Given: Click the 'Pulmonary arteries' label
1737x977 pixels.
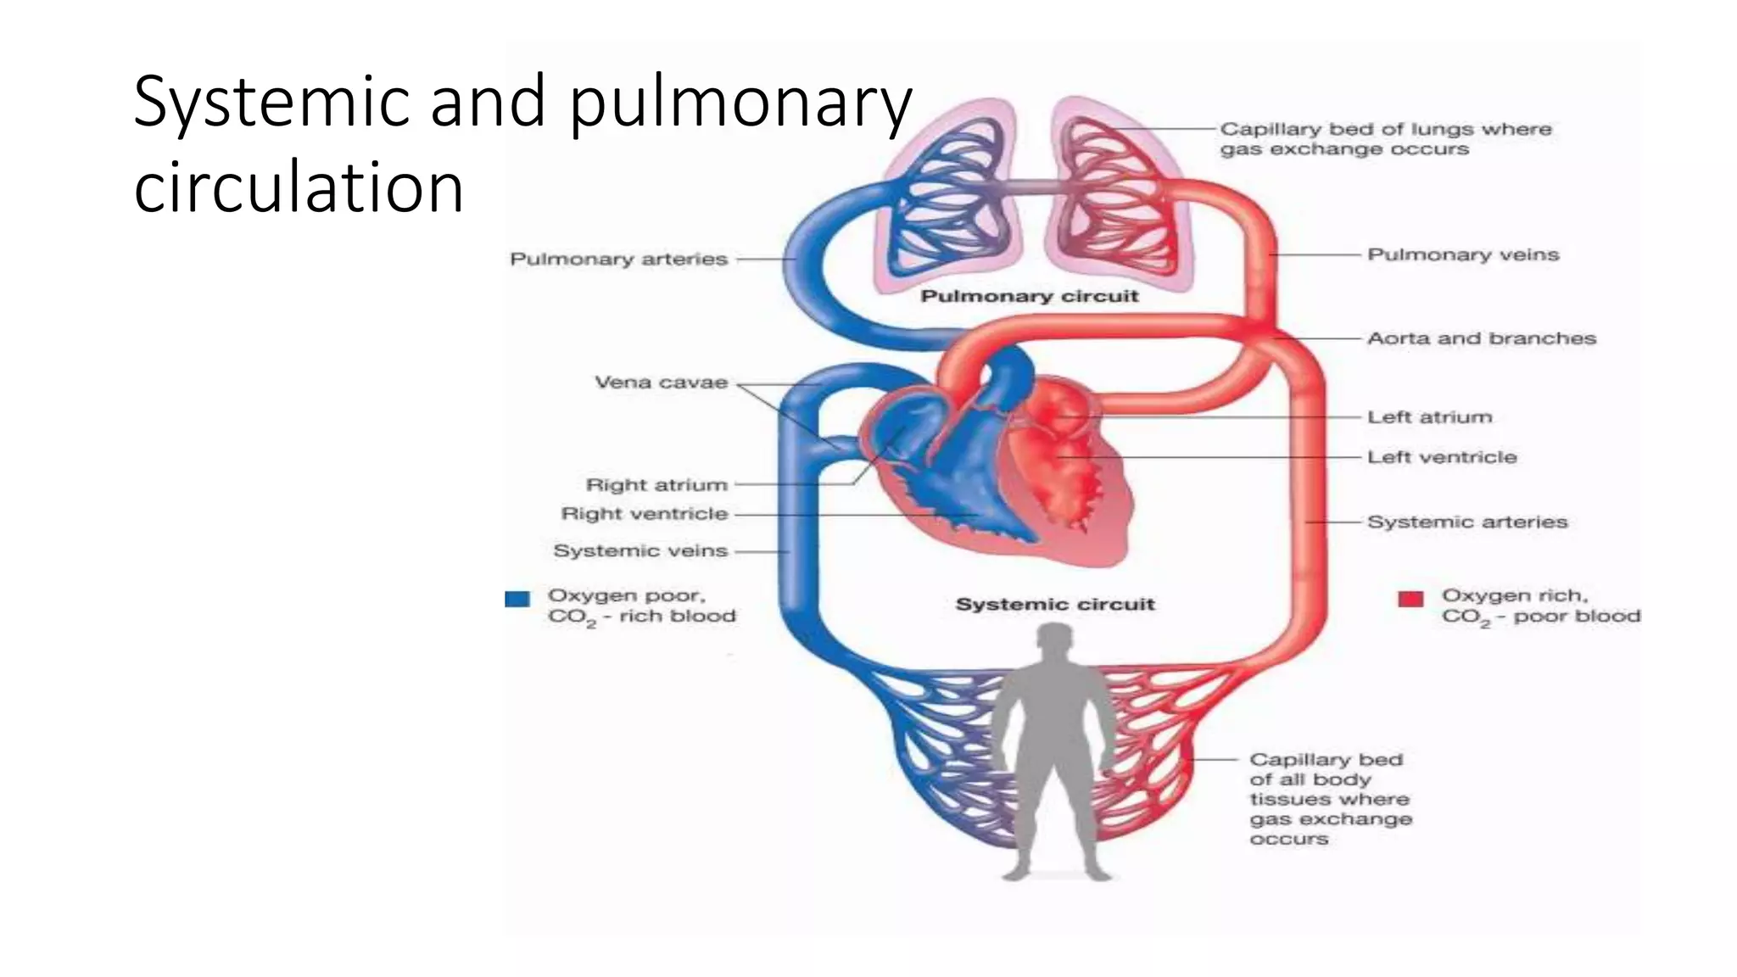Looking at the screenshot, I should tap(618, 260).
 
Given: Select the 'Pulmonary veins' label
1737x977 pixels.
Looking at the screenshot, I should tap(1463, 254).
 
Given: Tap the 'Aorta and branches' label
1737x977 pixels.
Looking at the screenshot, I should tap(1481, 338).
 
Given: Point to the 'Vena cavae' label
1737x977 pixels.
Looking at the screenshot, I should tap(661, 382).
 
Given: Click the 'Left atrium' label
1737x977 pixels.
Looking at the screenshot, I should tap(1429, 417).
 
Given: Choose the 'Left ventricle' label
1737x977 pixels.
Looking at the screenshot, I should tap(1441, 457).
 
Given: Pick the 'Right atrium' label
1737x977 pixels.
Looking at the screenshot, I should tap(656, 485).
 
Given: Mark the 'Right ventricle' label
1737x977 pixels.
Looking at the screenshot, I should tap(645, 514).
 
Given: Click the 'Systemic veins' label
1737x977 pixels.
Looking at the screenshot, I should tap(640, 551).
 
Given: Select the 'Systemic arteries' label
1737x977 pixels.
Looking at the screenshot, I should tap(1467, 522).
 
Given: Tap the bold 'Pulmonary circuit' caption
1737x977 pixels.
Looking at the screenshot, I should tap(1029, 297).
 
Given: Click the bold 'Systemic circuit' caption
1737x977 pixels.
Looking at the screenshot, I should tap(1054, 605).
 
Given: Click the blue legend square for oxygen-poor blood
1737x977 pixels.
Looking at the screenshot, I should tap(517, 600).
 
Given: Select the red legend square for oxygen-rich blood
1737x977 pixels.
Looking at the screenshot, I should tap(1410, 600).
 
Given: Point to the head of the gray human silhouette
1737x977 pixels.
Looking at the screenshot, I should tap(1055, 642).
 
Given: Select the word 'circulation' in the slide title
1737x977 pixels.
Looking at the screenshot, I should tap(299, 188).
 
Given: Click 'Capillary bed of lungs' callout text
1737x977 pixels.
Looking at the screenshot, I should tap(1385, 139).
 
